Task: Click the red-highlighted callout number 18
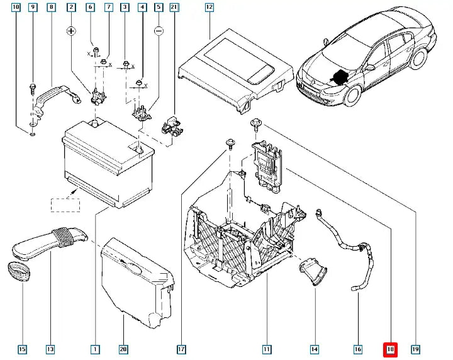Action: pos(390,349)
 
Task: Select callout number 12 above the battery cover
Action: pos(209,8)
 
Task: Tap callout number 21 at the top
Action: pos(174,8)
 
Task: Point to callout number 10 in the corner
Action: pos(16,8)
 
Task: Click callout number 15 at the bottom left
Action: pos(22,349)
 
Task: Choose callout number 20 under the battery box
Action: pos(123,349)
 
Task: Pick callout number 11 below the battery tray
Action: pos(267,349)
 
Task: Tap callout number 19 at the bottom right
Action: pos(415,349)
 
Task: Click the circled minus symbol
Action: pos(159,30)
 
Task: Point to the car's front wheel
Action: pos(350,97)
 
